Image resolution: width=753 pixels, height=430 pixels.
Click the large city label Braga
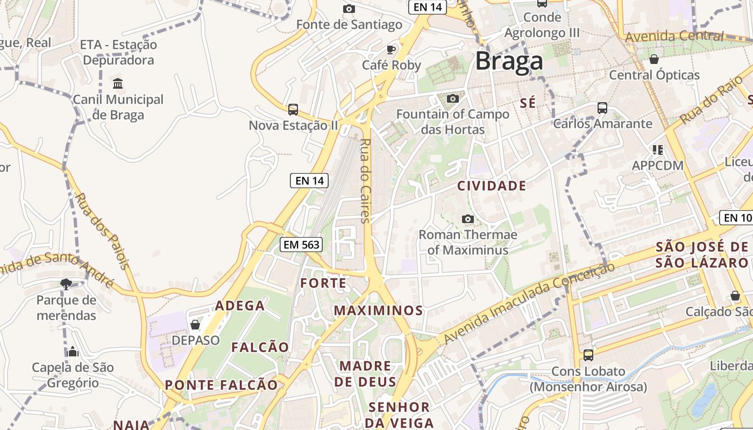(x=509, y=61)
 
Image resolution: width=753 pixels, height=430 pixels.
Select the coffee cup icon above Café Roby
(x=391, y=49)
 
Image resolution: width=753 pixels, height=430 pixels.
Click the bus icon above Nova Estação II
(x=293, y=110)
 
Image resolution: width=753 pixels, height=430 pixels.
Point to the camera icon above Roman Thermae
(x=468, y=219)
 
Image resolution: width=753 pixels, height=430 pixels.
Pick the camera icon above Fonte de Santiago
(x=349, y=9)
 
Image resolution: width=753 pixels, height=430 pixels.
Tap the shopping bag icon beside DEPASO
(x=195, y=325)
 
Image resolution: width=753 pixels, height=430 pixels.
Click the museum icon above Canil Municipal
(x=118, y=83)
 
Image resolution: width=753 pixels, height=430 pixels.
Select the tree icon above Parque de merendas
(x=66, y=284)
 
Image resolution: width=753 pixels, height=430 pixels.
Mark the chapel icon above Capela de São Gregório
(x=73, y=352)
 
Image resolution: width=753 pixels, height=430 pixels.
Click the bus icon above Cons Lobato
(x=588, y=355)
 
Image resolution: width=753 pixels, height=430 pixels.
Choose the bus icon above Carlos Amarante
(x=602, y=108)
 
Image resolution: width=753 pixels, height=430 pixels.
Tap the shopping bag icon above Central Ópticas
(x=654, y=59)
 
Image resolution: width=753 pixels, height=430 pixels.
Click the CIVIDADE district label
(x=492, y=186)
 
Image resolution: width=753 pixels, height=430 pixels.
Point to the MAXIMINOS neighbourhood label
(x=378, y=310)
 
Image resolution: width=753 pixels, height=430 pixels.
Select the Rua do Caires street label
(x=365, y=181)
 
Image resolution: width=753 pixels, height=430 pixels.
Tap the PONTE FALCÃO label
(x=221, y=385)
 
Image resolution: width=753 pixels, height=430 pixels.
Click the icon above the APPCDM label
(x=657, y=149)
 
